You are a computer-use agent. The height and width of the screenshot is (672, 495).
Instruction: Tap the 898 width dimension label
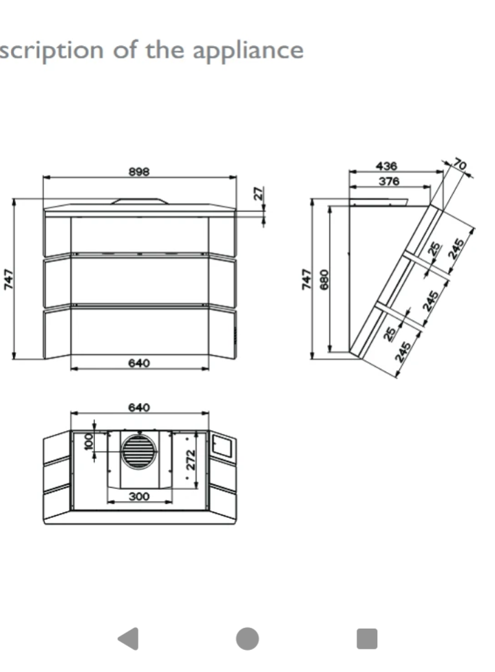point(139,171)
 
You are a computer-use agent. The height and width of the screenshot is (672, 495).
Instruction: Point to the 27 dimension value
point(257,193)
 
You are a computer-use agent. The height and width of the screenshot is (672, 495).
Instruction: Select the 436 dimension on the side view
point(386,166)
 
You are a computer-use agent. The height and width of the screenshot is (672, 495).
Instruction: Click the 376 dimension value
point(389,182)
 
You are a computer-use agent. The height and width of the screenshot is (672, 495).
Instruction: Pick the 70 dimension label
point(460,164)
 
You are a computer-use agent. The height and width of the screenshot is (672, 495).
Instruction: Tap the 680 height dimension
point(324,279)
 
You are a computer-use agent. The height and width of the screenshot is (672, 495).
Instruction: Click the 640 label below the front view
point(139,363)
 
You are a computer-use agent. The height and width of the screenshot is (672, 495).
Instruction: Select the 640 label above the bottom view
point(139,407)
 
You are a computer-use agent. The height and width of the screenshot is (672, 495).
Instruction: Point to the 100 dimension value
point(89,442)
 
